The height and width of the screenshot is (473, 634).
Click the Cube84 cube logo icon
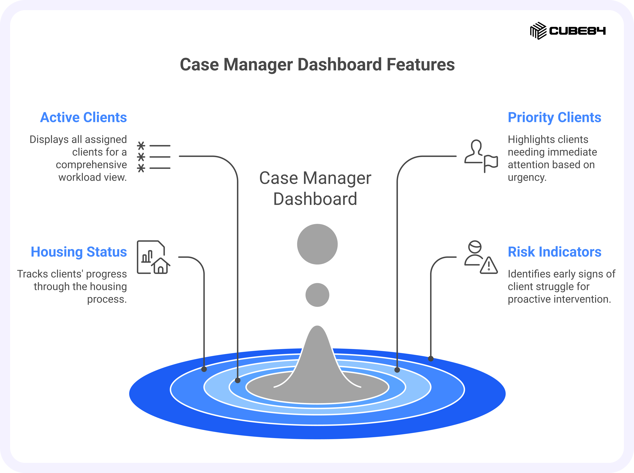pos(538,31)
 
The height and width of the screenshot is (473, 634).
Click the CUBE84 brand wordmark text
pos(577,31)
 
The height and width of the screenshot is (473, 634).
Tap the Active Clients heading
pos(83,117)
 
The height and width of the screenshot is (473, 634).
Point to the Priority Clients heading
pos(555,118)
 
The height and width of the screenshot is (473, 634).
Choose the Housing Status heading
pos(79,252)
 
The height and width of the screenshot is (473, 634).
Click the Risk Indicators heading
pos(555,252)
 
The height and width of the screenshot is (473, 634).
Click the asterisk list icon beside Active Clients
pos(154,157)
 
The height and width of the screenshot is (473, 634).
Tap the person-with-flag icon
pos(481,156)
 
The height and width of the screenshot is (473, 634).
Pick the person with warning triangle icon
pos(481,257)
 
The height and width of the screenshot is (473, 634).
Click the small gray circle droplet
pos(317,295)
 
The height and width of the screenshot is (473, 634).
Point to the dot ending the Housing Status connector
pos(204,369)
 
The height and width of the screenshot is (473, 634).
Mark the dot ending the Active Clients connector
pos(238,380)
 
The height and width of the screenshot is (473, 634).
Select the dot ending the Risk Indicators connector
pos(431,359)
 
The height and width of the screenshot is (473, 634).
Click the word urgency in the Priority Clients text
pos(527,178)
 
